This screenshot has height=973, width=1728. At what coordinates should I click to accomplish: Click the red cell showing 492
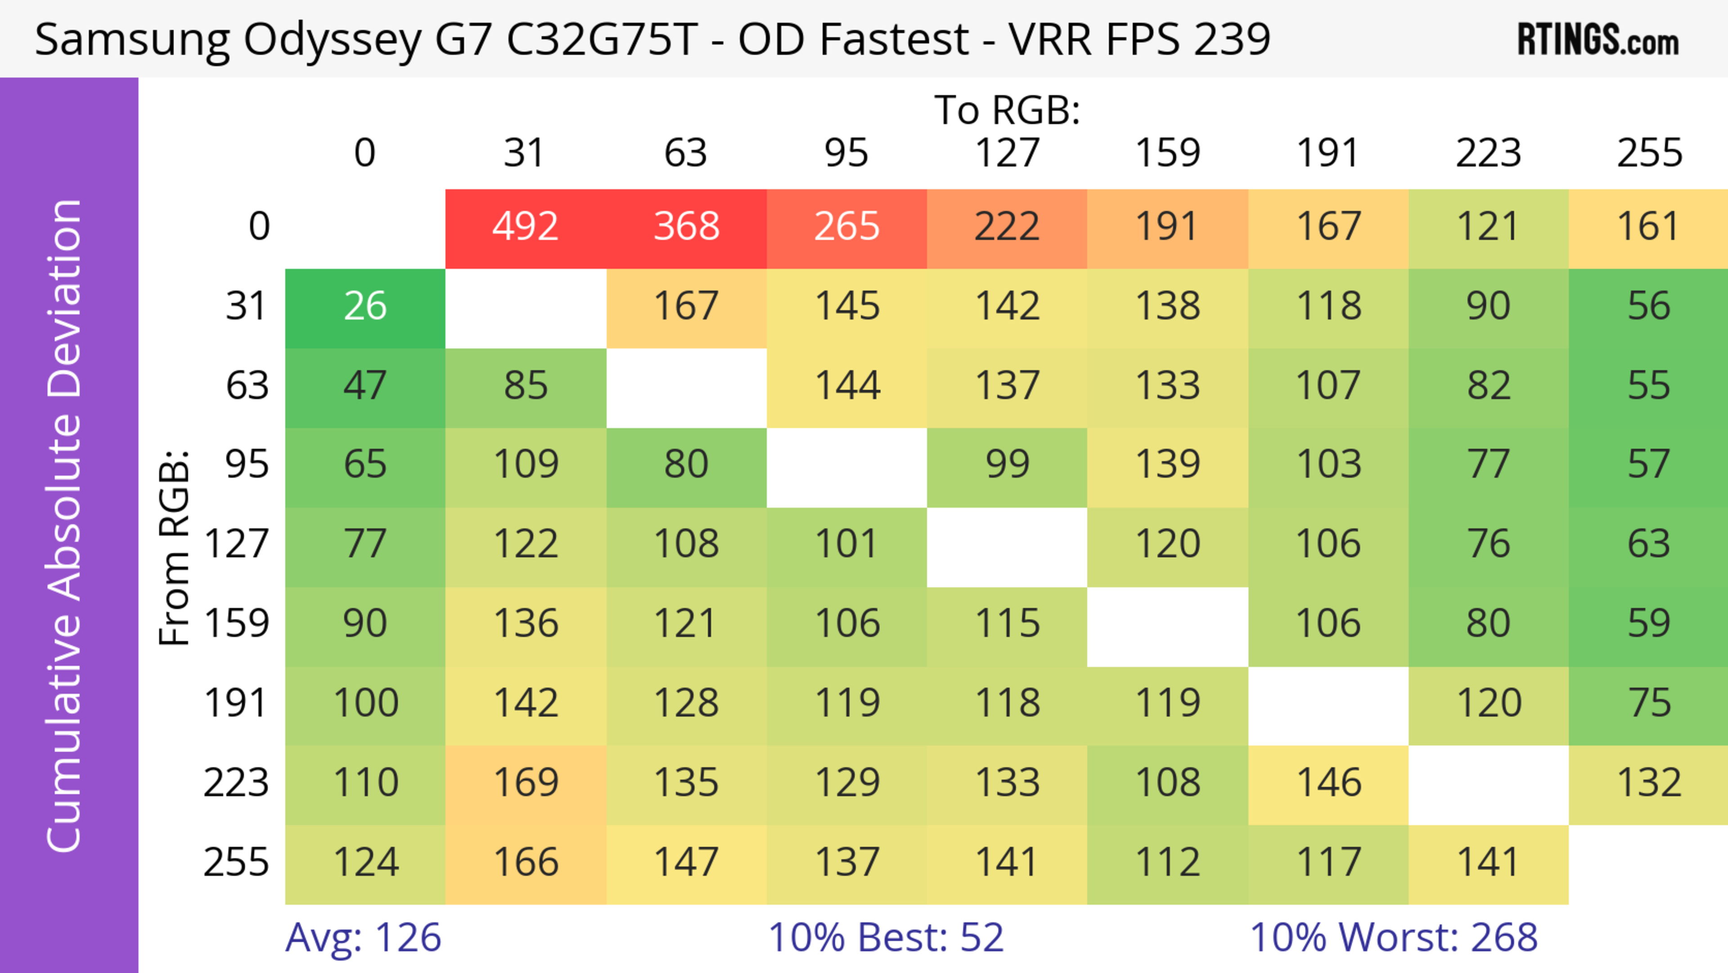pyautogui.click(x=525, y=227)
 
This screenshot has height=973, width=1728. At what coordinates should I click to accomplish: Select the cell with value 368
pyautogui.click(x=686, y=227)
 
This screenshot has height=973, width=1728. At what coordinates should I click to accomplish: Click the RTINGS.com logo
pyautogui.click(x=1598, y=40)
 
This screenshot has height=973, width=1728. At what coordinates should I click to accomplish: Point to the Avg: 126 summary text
pyautogui.click(x=363, y=937)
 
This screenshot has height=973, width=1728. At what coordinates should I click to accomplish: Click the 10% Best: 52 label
pyautogui.click(x=886, y=937)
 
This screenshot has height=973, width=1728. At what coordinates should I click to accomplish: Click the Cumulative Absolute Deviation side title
pyautogui.click(x=65, y=525)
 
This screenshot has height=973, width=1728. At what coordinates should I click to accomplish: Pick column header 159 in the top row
pyautogui.click(x=1167, y=153)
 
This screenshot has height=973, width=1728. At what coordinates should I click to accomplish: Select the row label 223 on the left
pyautogui.click(x=236, y=783)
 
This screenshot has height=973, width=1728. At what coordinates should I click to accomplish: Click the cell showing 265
pyautogui.click(x=846, y=227)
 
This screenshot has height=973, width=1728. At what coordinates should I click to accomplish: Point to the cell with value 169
pyautogui.click(x=525, y=783)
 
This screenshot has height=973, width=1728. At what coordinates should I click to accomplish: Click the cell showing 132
pyautogui.click(x=1649, y=783)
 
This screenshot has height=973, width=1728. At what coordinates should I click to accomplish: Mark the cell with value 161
pyautogui.click(x=1649, y=227)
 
